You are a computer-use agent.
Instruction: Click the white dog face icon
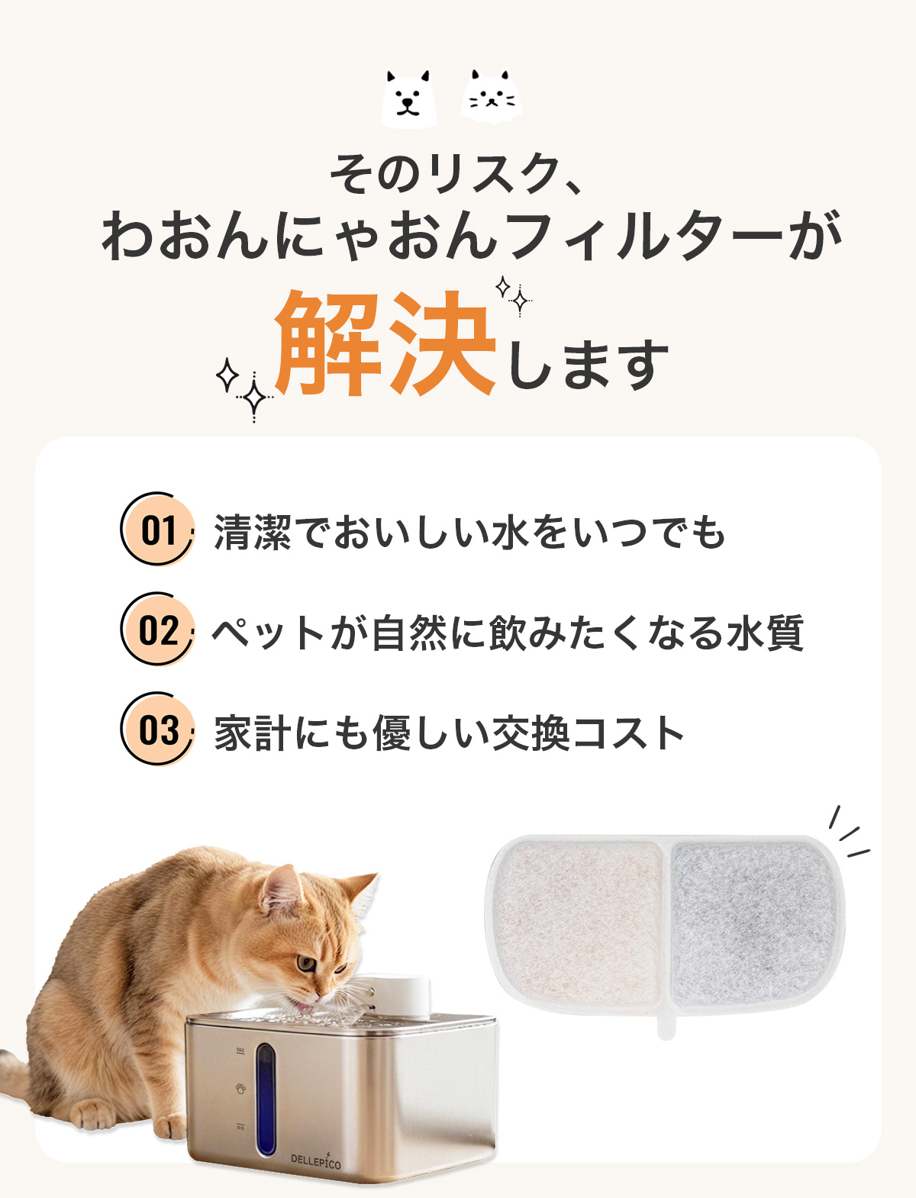(409, 98)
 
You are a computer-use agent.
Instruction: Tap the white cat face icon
(491, 96)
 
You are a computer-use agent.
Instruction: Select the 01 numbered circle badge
(157, 529)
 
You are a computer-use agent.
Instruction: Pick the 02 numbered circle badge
(157, 630)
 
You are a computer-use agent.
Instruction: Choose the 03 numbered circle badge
(157, 729)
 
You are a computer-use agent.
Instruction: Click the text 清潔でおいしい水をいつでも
(469, 532)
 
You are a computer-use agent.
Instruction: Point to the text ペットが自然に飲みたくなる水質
(508, 632)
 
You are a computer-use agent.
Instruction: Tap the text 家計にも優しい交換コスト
(449, 733)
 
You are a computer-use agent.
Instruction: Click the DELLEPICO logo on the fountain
(315, 1159)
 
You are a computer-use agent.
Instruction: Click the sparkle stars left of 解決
(244, 388)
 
